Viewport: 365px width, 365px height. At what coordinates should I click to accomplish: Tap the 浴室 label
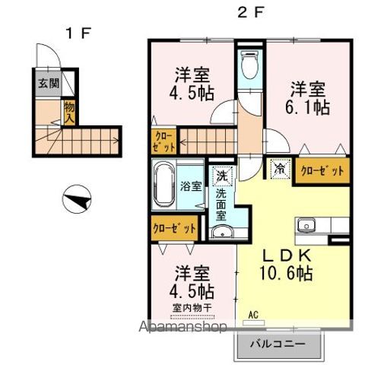tap(191, 186)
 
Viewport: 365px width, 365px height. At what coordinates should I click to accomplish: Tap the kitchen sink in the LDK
tap(307, 226)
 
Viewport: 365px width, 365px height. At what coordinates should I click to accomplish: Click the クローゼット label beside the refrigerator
tap(323, 170)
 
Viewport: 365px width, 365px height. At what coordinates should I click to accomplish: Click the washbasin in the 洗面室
tap(221, 231)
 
